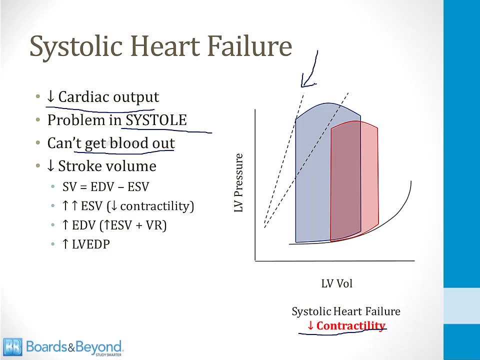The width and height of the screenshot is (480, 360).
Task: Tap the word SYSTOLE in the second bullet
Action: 156,120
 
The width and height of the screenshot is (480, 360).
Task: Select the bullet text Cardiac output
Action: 108,97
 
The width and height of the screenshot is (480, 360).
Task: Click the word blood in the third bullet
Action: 129,143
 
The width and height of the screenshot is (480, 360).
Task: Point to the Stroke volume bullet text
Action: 107,166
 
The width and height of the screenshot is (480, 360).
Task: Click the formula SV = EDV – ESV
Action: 105,187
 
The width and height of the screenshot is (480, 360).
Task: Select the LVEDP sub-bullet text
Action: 90,244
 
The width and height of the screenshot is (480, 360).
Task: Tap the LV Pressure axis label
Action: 238,183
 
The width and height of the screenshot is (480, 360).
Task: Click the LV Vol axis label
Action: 336,283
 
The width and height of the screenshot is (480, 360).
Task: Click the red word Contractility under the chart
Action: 350,326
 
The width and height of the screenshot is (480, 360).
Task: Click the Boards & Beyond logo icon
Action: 13,347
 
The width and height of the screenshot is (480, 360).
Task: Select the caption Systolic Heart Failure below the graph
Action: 346,311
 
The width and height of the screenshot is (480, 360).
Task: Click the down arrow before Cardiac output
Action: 51,97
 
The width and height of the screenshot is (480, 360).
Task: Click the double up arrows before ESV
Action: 70,206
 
